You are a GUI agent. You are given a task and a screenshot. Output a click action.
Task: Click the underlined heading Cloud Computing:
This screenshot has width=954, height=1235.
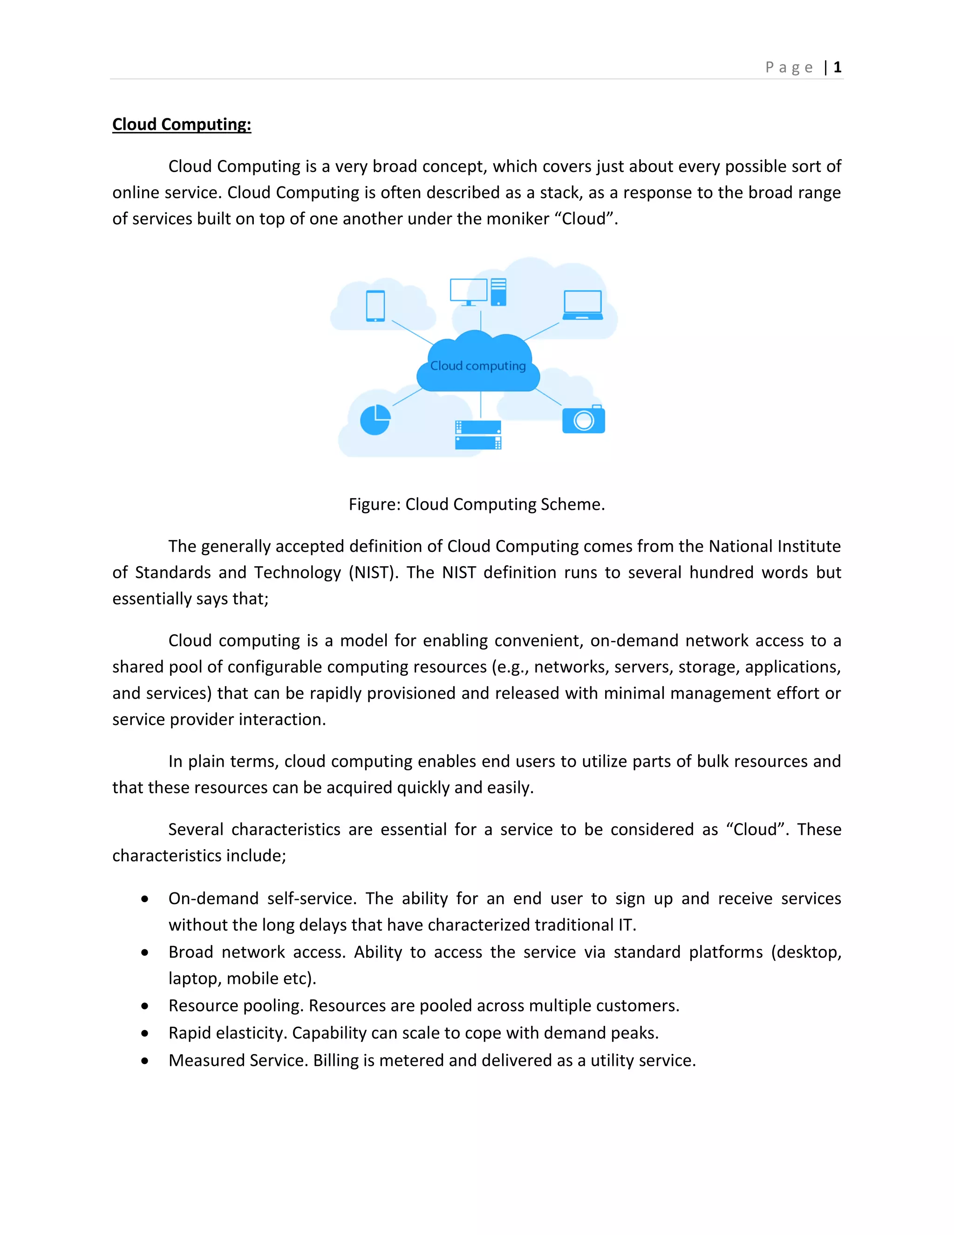(181, 124)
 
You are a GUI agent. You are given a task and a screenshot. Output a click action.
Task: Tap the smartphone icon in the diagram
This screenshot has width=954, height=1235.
(375, 306)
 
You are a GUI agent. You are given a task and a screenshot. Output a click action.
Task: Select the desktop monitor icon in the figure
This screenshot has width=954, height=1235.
(469, 291)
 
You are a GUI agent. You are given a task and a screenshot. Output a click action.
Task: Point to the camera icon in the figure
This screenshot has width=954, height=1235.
(583, 419)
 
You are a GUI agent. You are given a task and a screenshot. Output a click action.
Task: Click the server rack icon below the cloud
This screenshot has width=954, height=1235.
(478, 435)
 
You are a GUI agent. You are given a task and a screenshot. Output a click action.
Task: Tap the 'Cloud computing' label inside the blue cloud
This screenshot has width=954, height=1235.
(477, 366)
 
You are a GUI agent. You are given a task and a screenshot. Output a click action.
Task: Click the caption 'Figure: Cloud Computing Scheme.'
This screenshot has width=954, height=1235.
(477, 504)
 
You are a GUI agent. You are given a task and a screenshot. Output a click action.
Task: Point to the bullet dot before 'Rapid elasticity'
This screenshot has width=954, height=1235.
(145, 1033)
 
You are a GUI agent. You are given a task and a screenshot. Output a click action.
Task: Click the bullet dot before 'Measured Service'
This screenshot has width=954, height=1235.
(145, 1061)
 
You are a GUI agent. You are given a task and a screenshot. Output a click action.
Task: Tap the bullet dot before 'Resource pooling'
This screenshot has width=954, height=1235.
(145, 1006)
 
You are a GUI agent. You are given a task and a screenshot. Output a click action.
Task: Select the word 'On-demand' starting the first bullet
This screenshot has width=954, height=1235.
(213, 899)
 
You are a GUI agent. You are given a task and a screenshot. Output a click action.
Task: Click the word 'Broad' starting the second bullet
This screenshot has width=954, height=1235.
(191, 952)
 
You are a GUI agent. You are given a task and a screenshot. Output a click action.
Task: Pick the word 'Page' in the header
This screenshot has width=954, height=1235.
(789, 68)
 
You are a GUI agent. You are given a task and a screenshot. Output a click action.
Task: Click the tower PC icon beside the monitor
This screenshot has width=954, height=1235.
(498, 292)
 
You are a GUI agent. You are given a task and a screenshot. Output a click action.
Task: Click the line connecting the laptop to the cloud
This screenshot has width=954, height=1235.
(541, 331)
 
